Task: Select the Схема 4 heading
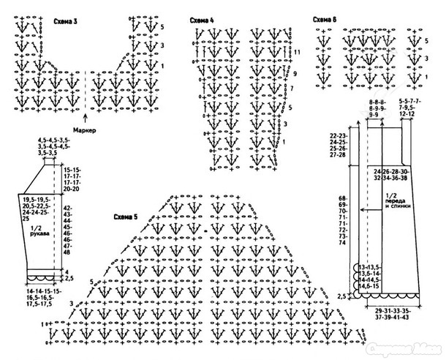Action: point(201,20)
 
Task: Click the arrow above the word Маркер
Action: point(86,115)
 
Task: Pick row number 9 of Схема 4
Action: point(294,75)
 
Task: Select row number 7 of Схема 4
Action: point(291,89)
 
